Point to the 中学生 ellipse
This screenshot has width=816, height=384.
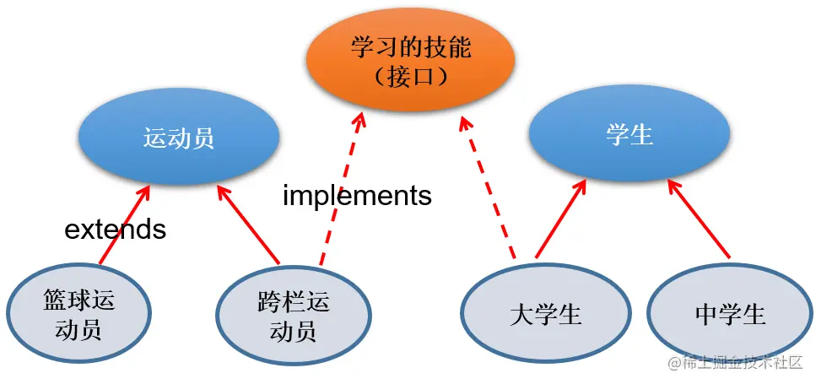click(x=731, y=315)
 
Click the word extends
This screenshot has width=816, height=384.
click(x=116, y=229)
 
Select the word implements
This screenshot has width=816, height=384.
click(x=357, y=196)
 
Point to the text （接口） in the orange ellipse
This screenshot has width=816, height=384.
click(x=411, y=76)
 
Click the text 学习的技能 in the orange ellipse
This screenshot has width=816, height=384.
click(x=411, y=47)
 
